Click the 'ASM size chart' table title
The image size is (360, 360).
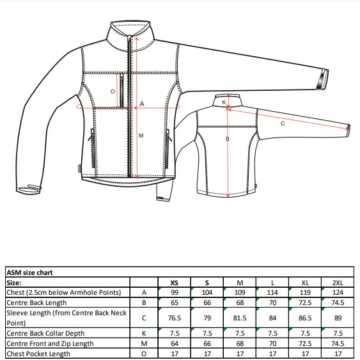29,272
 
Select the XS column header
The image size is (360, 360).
175,283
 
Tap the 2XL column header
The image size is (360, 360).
338,283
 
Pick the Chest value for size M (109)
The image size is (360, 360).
240,292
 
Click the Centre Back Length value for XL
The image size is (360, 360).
305,302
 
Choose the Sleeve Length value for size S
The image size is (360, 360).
207,318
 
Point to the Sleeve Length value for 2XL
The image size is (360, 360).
338,318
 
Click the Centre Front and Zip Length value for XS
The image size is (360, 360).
175,343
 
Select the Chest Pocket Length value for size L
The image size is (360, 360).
272,354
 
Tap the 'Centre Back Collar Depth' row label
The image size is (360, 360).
45,333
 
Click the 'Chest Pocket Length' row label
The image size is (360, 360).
38,354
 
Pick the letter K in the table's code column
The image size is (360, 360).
144,333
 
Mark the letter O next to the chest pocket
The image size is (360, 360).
113,91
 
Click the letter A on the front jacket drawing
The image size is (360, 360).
142,104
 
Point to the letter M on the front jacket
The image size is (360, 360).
141,136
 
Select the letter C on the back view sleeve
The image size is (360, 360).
283,123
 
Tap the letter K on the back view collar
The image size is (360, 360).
224,102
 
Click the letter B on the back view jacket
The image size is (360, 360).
227,139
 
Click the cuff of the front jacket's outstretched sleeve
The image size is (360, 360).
322,79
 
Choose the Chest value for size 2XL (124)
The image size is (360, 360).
338,292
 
